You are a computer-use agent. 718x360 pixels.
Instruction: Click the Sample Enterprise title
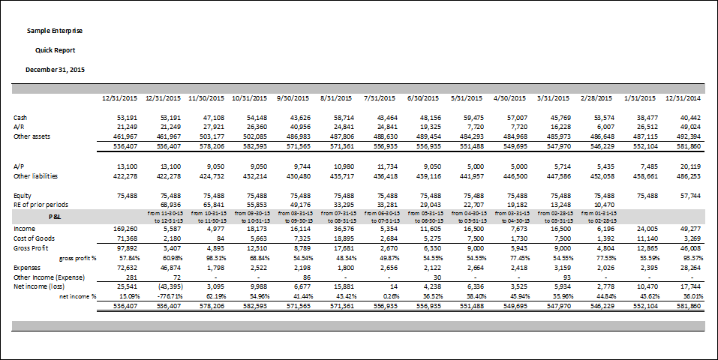(55, 31)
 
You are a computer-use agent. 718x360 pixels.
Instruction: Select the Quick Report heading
(55, 50)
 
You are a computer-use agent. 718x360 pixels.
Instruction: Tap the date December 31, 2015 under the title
(55, 69)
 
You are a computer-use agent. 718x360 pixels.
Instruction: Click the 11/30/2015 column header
(207, 98)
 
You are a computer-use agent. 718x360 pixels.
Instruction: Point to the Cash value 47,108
(214, 118)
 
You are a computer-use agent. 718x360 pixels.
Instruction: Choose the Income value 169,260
(127, 228)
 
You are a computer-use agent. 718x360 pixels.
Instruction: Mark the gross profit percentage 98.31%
(214, 257)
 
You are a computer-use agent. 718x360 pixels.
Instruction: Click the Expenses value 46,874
(170, 266)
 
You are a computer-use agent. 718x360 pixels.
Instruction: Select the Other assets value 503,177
(212, 136)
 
